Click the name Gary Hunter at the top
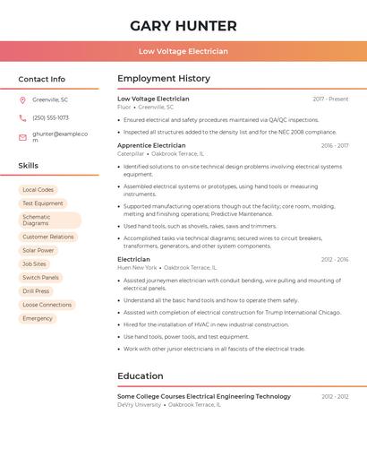[183, 26]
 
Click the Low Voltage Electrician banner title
[183, 51]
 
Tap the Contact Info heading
[42, 79]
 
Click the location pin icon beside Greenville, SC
[22, 100]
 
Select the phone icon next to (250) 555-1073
[22, 117]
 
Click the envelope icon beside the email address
[22, 137]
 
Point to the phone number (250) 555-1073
[50, 117]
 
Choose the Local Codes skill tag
[38, 190]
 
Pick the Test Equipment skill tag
[43, 203]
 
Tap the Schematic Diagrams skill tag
[49, 220]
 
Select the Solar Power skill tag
[38, 250]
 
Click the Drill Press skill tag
[36, 291]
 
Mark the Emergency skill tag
[38, 318]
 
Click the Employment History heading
[164, 79]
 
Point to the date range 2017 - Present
[330, 99]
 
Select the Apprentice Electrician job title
[151, 145]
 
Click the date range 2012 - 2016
[335, 260]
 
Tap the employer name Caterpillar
[131, 153]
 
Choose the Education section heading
[141, 376]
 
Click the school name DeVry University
[139, 404]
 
